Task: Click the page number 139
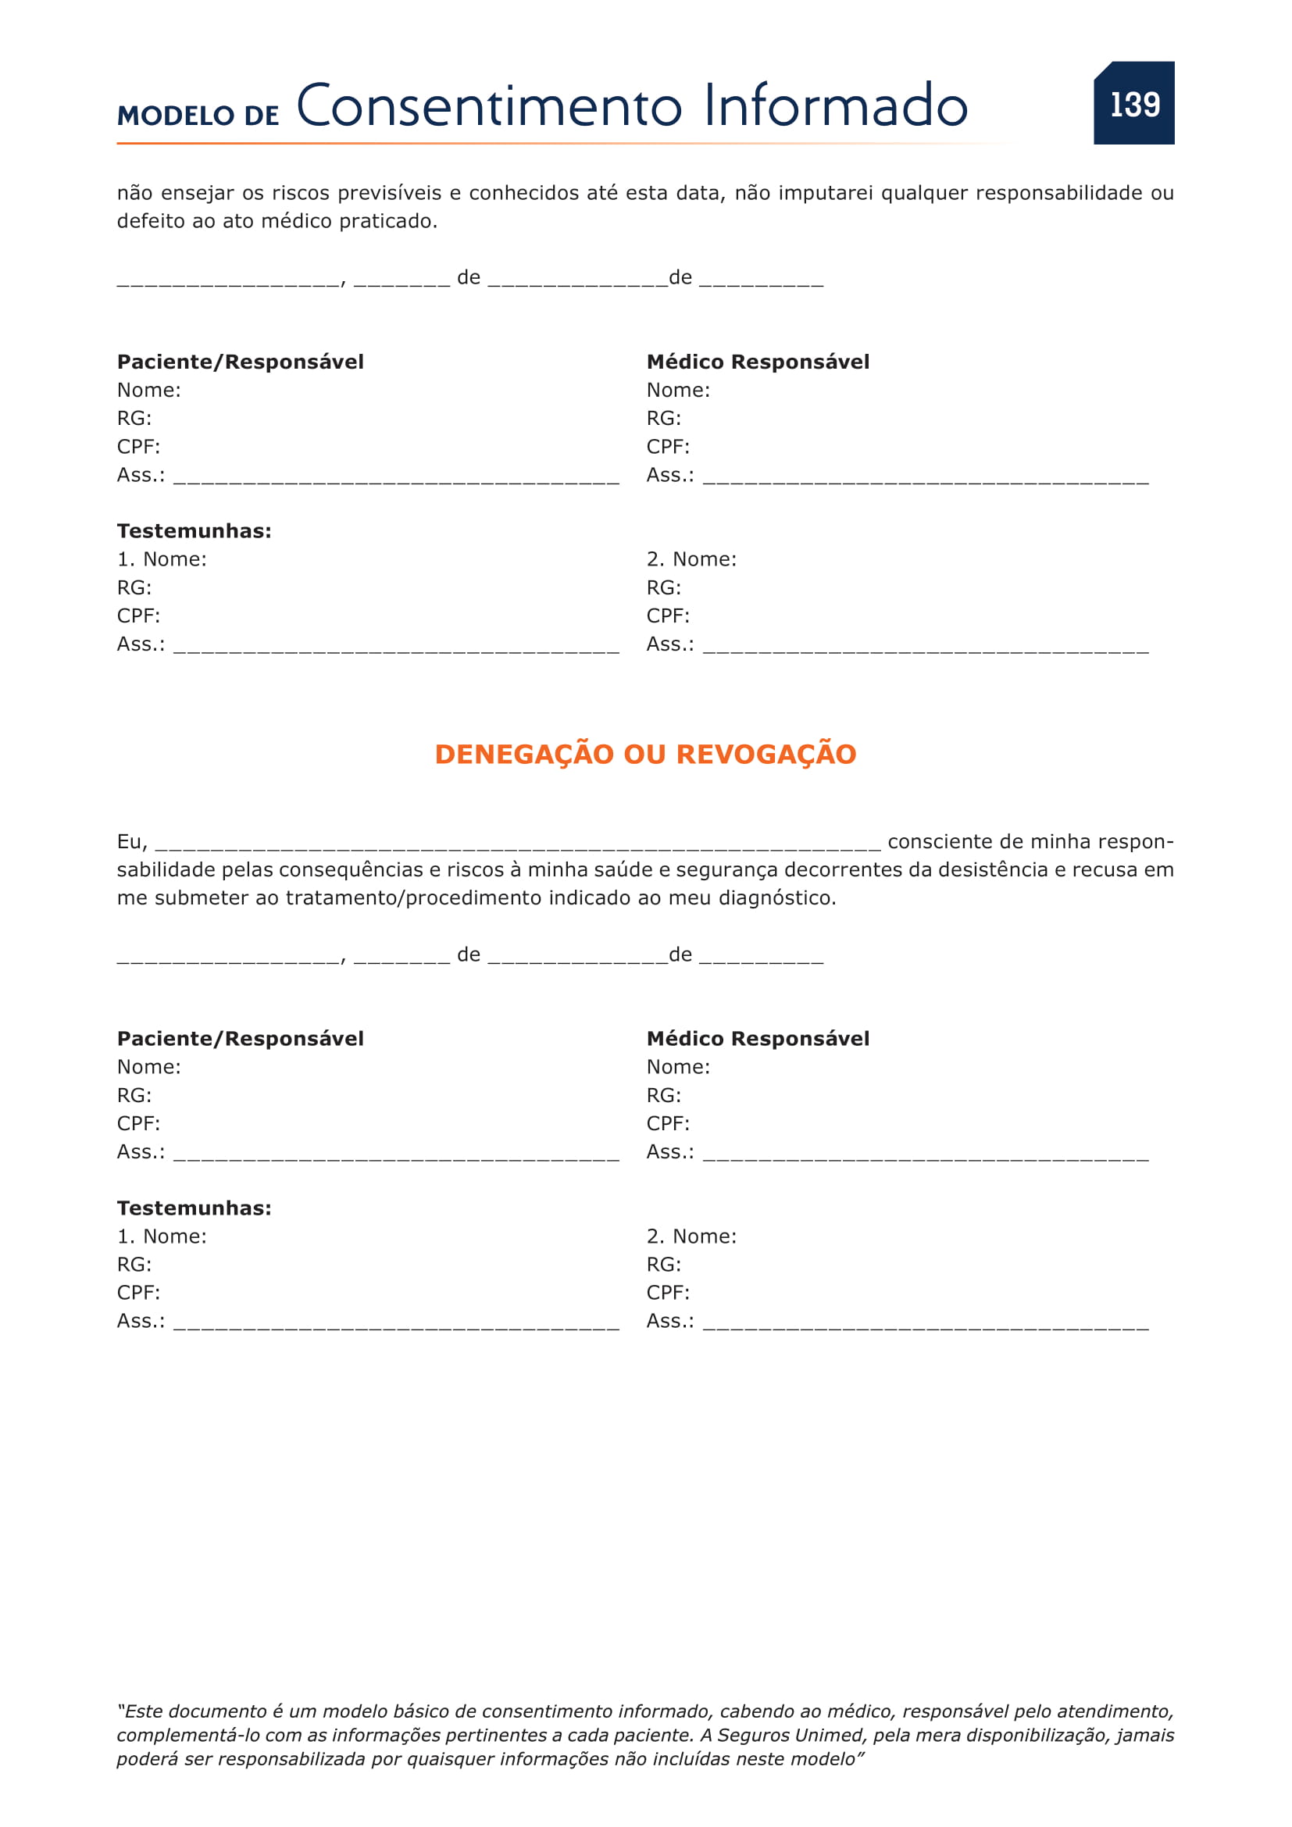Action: pyautogui.click(x=1134, y=104)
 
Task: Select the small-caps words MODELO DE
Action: pyautogui.click(x=198, y=116)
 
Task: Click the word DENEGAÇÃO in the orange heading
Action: pyautogui.click(x=524, y=755)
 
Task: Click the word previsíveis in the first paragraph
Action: pyautogui.click(x=389, y=194)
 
